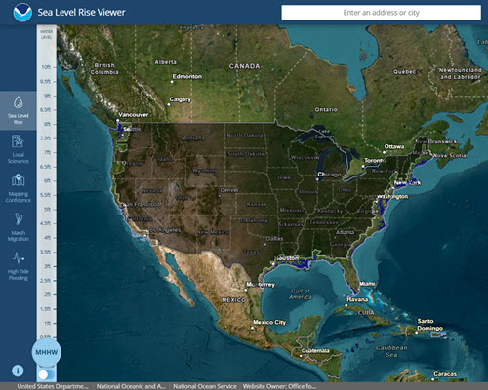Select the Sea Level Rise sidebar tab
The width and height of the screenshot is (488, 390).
coord(18,108)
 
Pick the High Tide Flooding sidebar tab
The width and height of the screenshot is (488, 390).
coord(18,263)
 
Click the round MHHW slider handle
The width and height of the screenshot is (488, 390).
coord(46,351)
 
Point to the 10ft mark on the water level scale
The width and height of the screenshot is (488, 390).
coord(46,67)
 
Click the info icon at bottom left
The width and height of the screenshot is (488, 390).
coord(17,370)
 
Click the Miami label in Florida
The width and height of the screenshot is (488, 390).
coord(366,283)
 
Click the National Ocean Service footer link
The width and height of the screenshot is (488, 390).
coord(204,384)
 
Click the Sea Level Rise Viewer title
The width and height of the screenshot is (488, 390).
coord(83,13)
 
